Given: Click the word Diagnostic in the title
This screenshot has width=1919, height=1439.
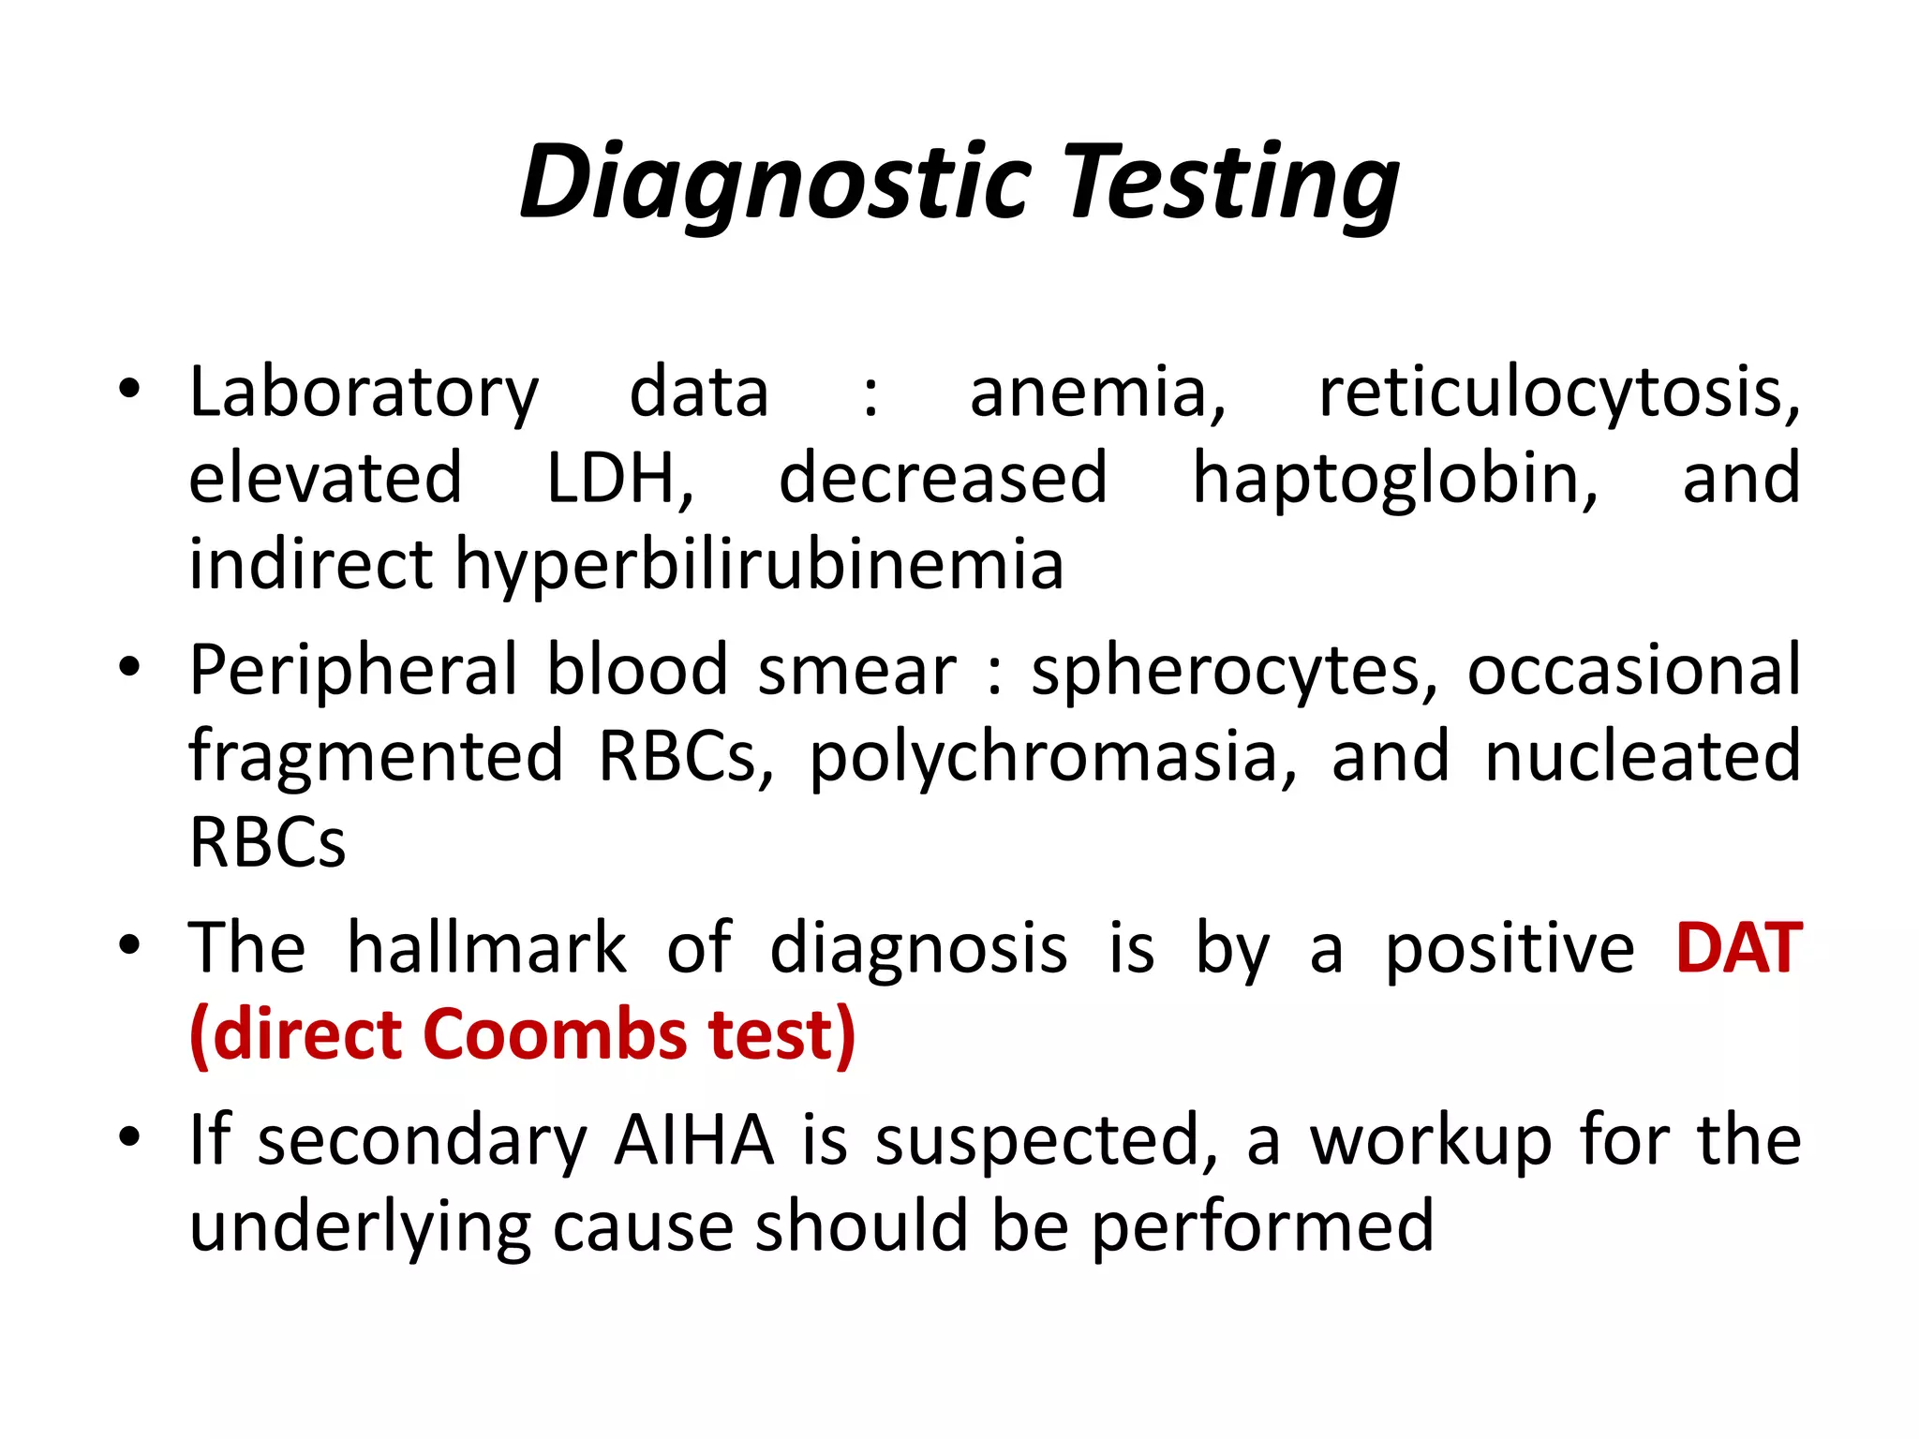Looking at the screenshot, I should pyautogui.click(x=776, y=183).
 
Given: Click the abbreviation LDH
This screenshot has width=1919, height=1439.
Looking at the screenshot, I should pyautogui.click(x=619, y=479).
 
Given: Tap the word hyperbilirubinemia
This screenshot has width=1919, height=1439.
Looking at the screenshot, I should pyautogui.click(x=760, y=566).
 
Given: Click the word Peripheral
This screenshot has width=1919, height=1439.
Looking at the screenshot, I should pyautogui.click(x=353, y=671).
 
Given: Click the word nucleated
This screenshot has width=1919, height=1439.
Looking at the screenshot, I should pyautogui.click(x=1643, y=756).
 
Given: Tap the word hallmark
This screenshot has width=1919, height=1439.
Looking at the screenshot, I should pyautogui.click(x=486, y=948).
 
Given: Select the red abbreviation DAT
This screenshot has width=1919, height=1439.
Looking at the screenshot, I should pyautogui.click(x=1739, y=948).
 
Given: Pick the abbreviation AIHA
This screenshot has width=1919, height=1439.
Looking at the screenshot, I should pyautogui.click(x=694, y=1140).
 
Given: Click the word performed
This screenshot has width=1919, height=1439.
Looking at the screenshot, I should pyautogui.click(x=1262, y=1226).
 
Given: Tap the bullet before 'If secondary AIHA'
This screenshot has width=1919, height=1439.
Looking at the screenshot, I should pyautogui.click(x=129, y=1137).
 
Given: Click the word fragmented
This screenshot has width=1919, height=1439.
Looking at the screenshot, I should pyautogui.click(x=376, y=757).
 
